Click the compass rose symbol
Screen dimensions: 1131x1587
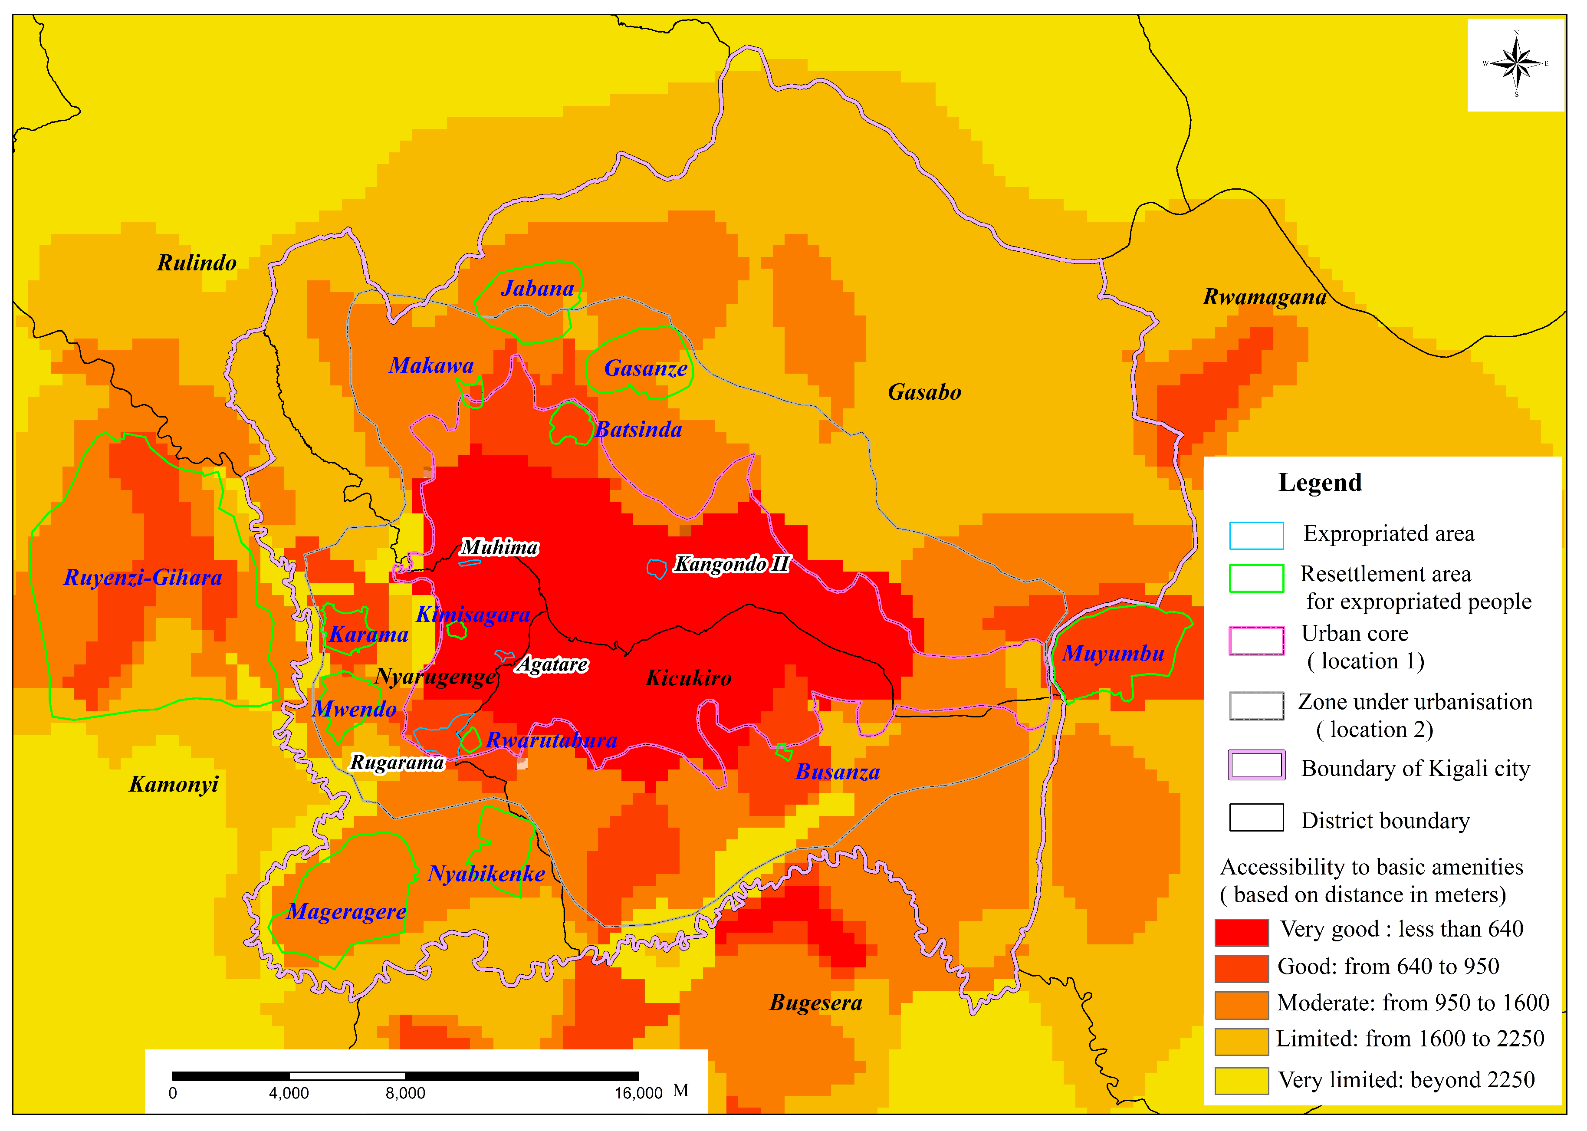[1516, 64]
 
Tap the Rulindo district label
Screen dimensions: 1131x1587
[197, 263]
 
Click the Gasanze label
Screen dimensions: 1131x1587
[646, 368]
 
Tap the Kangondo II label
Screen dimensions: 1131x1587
[731, 564]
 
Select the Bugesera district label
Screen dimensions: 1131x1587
[815, 1003]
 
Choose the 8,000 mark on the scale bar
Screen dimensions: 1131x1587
[405, 1093]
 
